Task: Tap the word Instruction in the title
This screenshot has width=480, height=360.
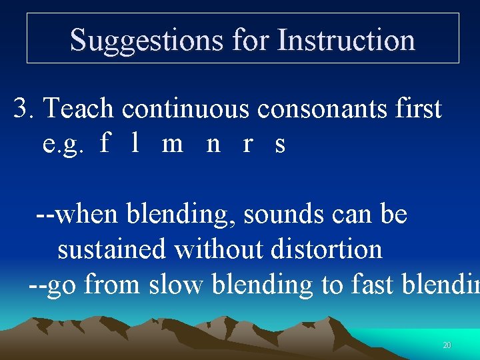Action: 346,40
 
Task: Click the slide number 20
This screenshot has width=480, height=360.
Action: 447,345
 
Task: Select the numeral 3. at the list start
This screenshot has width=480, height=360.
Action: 26,108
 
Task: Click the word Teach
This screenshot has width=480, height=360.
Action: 79,108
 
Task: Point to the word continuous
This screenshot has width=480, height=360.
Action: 177,108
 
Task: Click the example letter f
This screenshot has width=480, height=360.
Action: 103,143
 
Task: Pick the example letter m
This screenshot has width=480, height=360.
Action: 172,143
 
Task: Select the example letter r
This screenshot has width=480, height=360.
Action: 248,144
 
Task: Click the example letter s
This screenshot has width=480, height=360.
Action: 280,144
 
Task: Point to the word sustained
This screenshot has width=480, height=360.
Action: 111,249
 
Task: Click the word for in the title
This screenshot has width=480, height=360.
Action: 251,40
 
